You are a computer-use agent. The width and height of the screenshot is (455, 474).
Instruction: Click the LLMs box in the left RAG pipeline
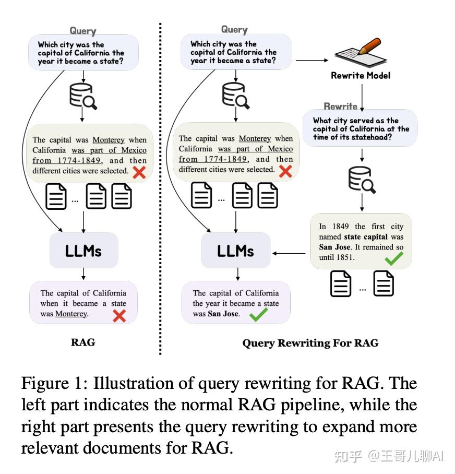tap(83, 251)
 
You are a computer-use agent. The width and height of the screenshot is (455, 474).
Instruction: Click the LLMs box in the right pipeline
tap(235, 251)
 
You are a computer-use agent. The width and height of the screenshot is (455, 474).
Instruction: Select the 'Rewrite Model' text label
tap(361, 76)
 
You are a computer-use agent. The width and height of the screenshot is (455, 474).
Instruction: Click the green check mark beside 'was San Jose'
tap(258, 314)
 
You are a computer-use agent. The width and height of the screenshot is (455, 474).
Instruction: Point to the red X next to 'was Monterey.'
tap(119, 315)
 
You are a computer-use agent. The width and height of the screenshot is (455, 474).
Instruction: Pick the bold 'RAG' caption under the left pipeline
tap(83, 343)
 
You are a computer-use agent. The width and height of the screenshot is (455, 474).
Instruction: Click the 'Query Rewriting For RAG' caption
tap(310, 343)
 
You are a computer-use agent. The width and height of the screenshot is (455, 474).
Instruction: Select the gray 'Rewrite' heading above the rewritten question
tap(340, 106)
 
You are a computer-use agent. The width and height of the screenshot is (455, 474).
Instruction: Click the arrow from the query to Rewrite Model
tap(312, 61)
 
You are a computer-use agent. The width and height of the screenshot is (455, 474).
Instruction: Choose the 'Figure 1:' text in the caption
tap(54, 384)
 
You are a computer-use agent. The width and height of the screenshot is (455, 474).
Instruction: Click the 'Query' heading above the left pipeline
tap(83, 31)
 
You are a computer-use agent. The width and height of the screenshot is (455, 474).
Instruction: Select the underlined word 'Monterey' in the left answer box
tap(71, 314)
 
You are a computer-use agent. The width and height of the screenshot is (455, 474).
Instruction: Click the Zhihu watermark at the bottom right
tap(388, 456)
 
